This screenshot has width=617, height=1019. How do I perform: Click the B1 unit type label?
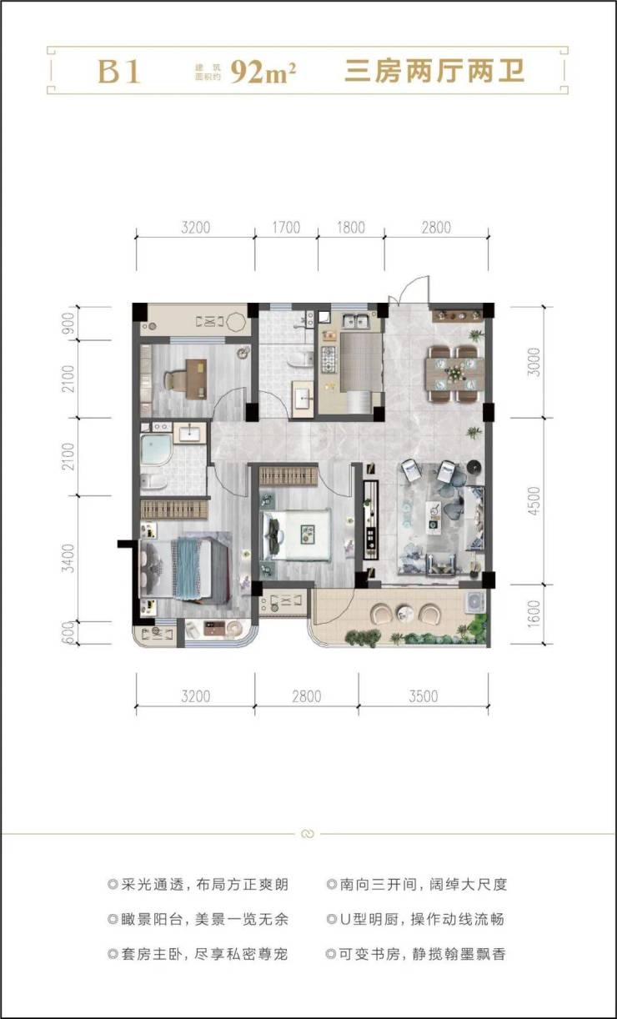[x=118, y=72]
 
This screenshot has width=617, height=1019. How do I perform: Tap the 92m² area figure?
[x=263, y=72]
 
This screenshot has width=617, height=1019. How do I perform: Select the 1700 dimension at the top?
[x=286, y=228]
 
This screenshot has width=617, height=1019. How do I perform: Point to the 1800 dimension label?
[x=351, y=228]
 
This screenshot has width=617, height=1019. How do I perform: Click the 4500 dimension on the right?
[x=534, y=501]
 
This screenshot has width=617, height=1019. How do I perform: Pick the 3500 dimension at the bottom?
[x=424, y=696]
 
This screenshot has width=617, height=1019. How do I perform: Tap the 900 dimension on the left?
[x=68, y=323]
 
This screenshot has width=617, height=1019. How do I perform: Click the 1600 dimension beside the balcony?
[x=534, y=615]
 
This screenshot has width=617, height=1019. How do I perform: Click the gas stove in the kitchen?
[x=329, y=359]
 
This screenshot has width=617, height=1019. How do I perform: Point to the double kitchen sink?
[x=356, y=321]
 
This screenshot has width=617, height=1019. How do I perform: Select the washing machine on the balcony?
[x=474, y=601]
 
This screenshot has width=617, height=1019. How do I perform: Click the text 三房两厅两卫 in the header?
[x=434, y=72]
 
